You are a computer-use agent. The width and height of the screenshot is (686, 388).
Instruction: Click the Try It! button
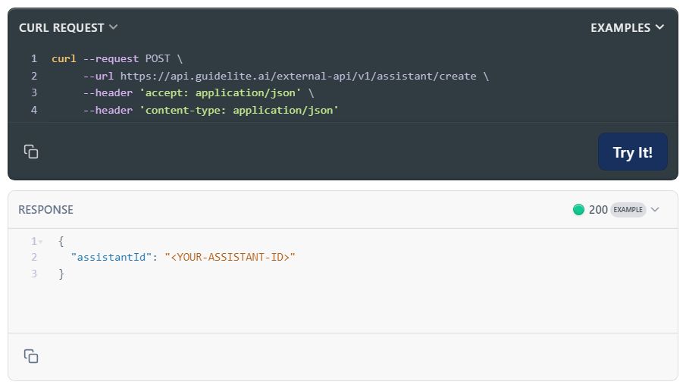633,152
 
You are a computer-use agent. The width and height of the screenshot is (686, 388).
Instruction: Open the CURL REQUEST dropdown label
68,27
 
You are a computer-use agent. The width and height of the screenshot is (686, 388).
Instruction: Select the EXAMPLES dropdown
628,27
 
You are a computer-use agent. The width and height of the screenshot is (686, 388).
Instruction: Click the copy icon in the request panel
31,152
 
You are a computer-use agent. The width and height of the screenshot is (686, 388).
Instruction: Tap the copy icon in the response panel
31,356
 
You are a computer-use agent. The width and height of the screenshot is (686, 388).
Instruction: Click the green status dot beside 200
578,209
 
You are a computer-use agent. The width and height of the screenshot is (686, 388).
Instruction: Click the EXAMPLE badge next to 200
628,209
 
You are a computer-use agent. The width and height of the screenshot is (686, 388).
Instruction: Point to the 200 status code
598,209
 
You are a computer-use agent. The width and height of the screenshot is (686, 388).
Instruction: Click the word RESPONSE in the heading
46,209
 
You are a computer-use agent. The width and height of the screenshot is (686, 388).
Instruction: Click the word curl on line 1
64,58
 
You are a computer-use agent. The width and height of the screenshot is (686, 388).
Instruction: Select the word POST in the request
158,58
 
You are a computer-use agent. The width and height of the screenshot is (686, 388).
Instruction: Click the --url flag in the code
99,76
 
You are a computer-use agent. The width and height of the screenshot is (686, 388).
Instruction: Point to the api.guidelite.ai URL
299,76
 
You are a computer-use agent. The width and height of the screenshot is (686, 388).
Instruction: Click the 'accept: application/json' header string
220,92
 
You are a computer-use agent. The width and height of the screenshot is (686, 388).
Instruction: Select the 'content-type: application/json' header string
239,110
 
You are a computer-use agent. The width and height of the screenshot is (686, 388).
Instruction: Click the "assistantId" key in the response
111,257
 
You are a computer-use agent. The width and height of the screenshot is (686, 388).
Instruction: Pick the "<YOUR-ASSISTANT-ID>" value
230,257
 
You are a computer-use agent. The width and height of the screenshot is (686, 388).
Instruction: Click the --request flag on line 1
111,58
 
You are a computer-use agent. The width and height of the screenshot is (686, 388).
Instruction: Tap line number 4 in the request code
34,110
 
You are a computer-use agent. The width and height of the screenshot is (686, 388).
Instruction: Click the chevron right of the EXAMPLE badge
655,209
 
